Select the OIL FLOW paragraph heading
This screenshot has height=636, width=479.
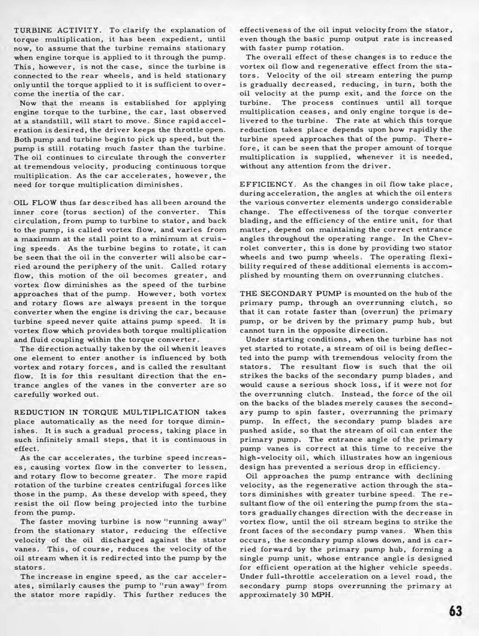(36, 202)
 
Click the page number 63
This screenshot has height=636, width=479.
(456, 611)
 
